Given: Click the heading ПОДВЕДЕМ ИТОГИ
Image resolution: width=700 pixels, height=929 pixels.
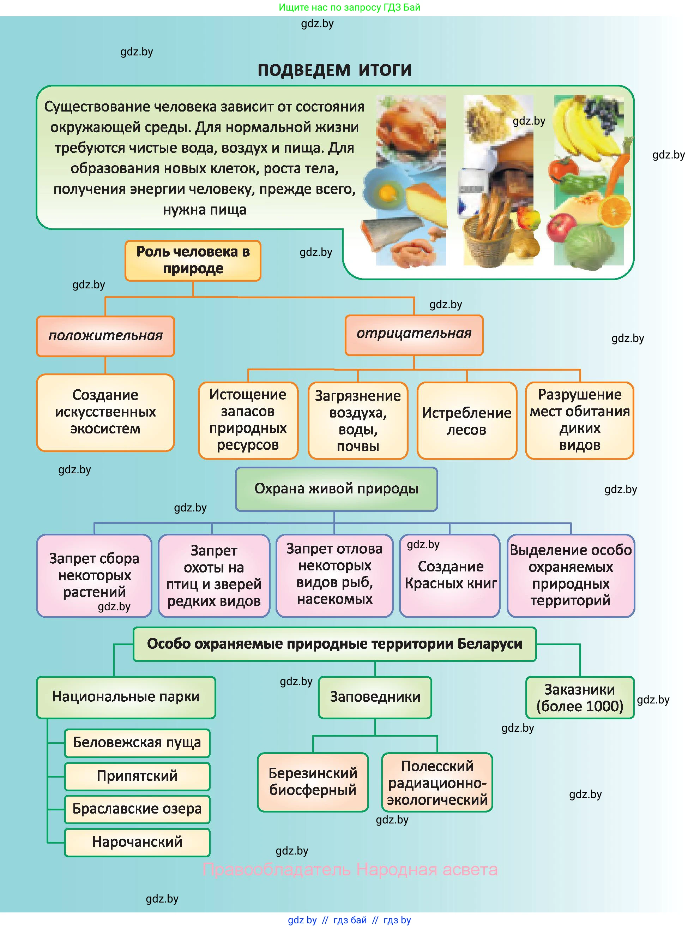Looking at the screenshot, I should point(334,70).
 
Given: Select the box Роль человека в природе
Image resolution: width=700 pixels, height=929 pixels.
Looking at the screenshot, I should point(193,260).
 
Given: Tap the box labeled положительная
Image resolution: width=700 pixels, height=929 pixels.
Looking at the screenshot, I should point(105,336).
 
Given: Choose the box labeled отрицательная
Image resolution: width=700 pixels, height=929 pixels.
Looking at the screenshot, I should point(414,335).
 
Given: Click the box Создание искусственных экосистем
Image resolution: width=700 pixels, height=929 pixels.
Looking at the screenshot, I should point(105,412).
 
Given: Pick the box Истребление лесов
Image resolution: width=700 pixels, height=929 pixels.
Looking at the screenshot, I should point(466,420).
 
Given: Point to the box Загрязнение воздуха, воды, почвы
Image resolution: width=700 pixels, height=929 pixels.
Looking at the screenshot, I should point(358,420).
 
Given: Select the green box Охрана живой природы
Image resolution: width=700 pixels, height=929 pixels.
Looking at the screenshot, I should point(336,489).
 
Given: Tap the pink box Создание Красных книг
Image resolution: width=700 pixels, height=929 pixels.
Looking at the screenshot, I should point(450,575).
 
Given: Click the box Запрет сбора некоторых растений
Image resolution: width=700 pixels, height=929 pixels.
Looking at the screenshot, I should point(94,575).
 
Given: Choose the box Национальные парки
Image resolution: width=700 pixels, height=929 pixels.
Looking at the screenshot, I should point(126,697).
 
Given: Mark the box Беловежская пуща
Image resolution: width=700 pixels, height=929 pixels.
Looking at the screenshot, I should point(137,743).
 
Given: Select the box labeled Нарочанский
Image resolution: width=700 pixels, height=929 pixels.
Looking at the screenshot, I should point(137,842).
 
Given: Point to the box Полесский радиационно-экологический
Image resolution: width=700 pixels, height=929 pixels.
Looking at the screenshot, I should point(437,782).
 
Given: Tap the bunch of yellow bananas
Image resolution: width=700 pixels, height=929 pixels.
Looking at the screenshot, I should point(584,130).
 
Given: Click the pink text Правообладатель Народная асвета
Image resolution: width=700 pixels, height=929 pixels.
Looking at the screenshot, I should point(350,869).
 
